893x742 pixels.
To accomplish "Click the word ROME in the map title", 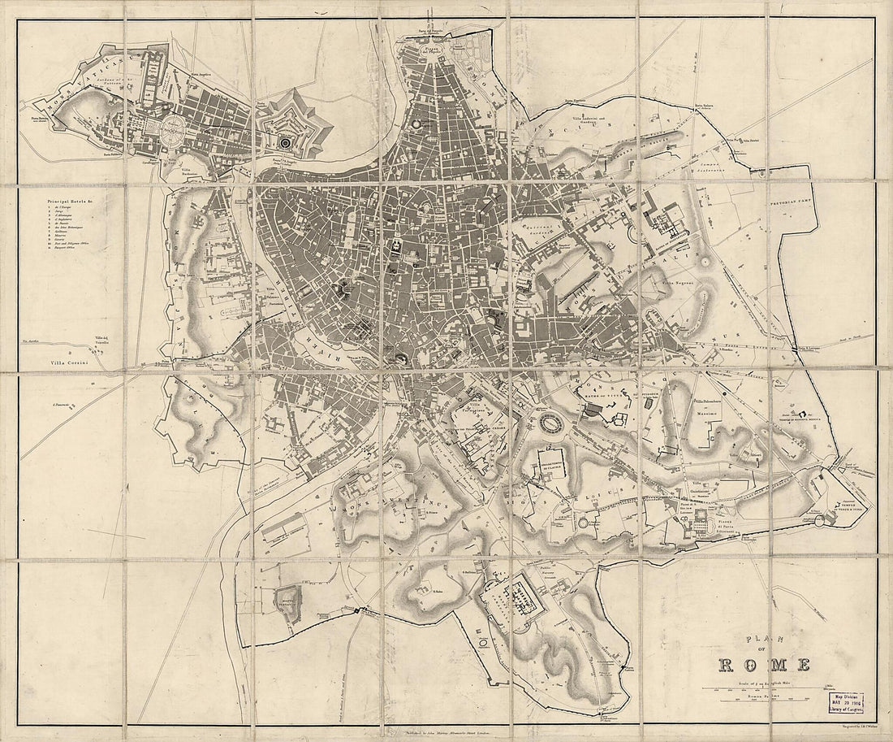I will pos(764,665).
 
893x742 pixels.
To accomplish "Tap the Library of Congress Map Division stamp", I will pos(846,701).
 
